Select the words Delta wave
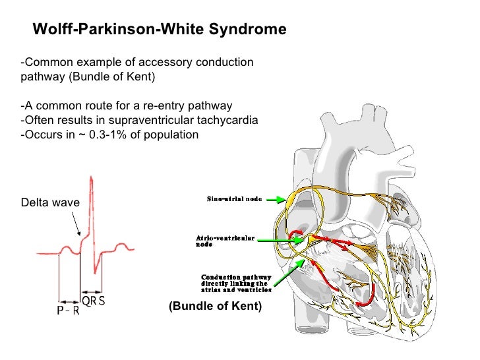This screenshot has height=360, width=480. click(49, 203)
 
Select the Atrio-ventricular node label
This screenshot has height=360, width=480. click(225, 241)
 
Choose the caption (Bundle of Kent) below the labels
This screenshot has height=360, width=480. click(215, 306)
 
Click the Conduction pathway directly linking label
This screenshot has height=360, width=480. click(234, 284)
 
